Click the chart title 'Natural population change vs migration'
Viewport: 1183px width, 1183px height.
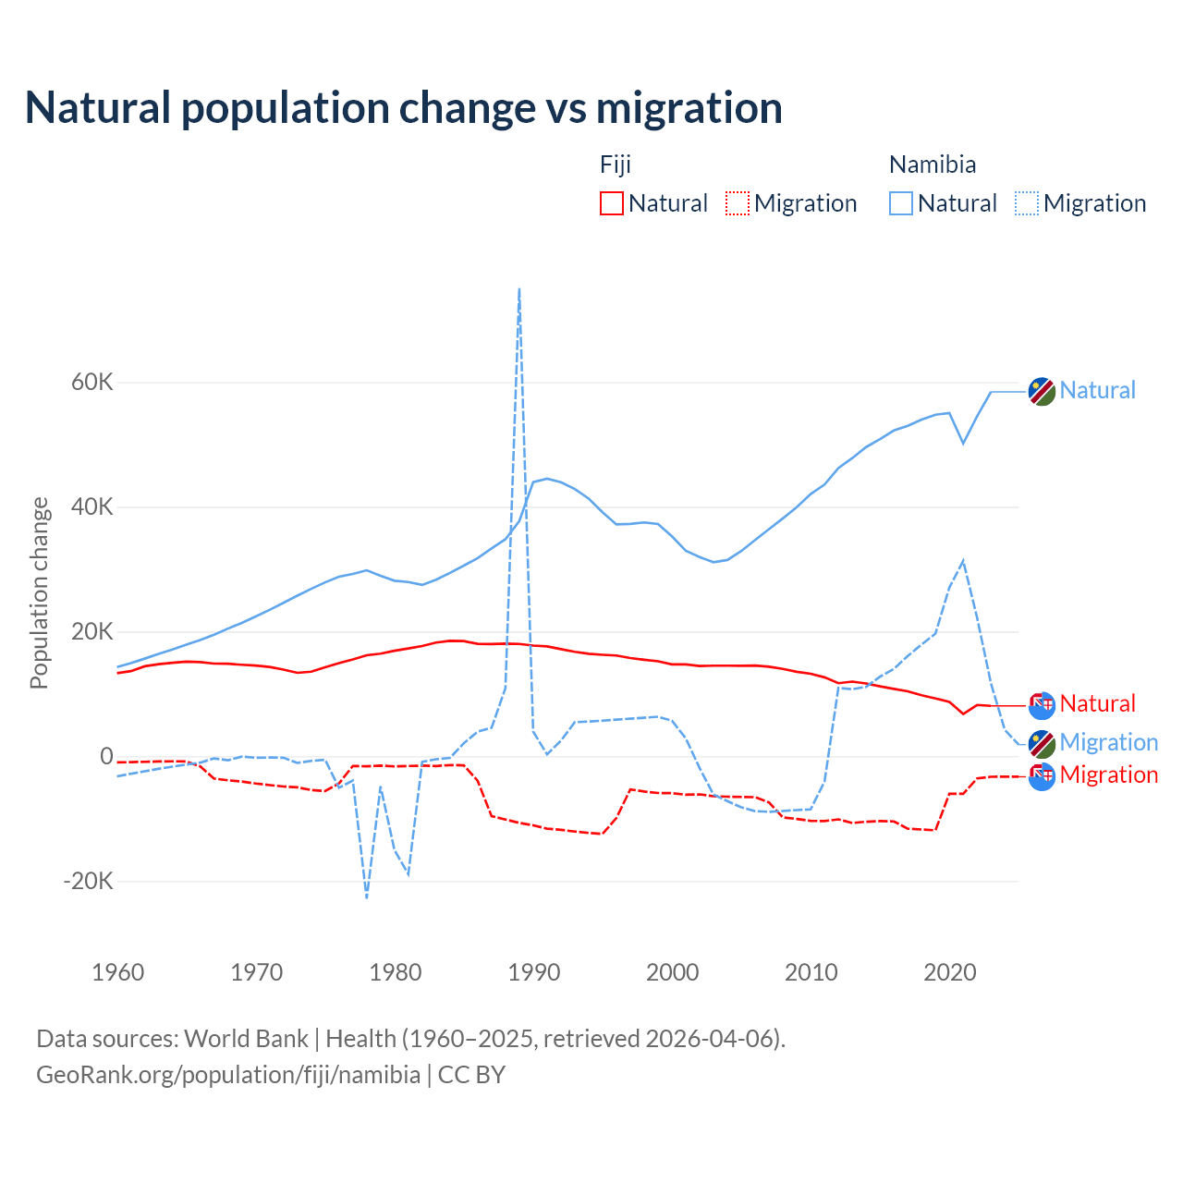404,108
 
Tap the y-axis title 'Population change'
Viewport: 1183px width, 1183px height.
39,592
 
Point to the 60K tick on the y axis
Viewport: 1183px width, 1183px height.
92,383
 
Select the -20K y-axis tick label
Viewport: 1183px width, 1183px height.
89,882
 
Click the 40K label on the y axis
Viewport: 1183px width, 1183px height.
92,507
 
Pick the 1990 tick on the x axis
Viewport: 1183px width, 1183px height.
534,972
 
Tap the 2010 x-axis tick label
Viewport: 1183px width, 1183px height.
811,972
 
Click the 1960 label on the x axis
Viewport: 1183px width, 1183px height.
118,972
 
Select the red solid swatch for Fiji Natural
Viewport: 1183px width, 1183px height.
612,203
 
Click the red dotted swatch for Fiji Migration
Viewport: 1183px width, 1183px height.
738,203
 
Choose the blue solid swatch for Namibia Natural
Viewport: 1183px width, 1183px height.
901,203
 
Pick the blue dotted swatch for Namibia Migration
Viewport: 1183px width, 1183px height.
1027,203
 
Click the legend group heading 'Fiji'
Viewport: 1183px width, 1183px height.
616,165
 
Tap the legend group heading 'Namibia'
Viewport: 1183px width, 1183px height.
933,165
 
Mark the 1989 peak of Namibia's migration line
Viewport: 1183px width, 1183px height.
519,289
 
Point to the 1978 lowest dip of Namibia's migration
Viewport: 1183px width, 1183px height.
367,896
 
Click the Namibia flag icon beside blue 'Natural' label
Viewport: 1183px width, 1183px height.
1042,391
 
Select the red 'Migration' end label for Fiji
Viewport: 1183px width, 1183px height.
1109,774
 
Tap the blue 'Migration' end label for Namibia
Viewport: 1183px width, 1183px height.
1109,742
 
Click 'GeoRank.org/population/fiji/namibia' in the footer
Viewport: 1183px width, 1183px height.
228,1075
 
